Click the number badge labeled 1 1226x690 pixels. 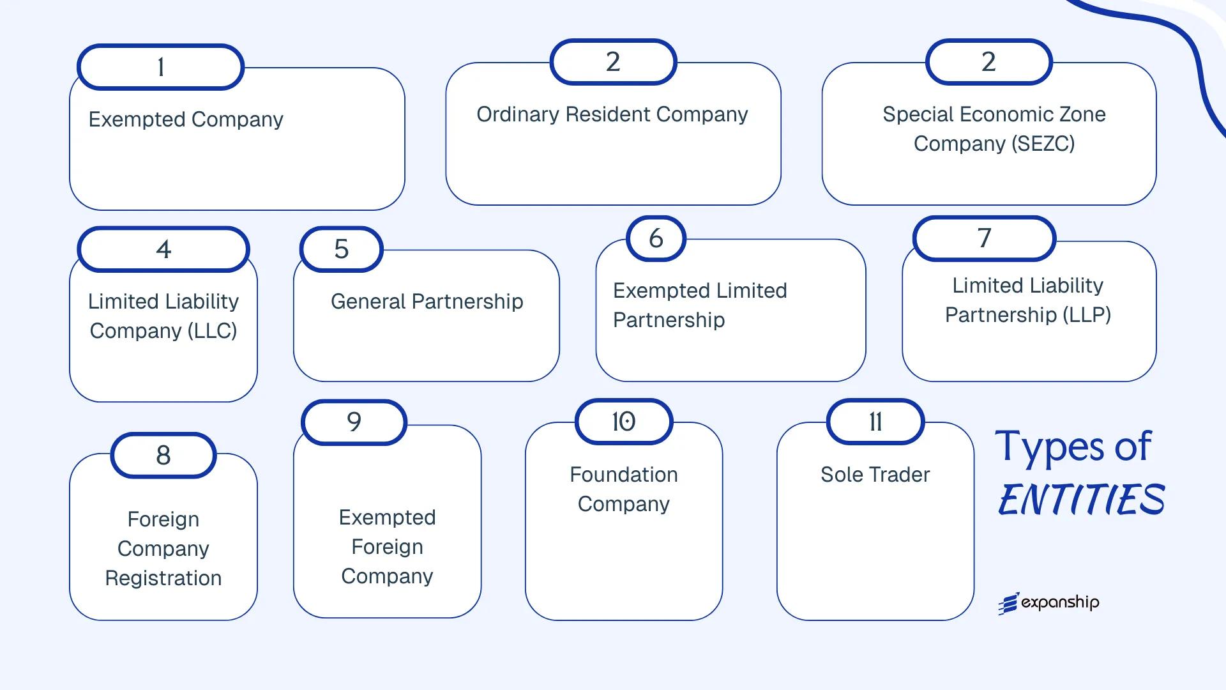[160, 67]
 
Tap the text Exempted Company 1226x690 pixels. [186, 119]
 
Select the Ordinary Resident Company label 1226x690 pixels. [612, 114]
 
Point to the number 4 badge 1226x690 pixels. [163, 249]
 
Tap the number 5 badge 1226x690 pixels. [341, 249]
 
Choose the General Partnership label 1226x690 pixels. [427, 302]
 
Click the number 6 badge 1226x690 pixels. [656, 238]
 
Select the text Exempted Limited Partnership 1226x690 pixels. [700, 305]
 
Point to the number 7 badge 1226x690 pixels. [984, 238]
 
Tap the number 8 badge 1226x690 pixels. [163, 456]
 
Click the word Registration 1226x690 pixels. [163, 578]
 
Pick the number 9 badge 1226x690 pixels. [354, 422]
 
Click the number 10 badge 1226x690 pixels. [623, 422]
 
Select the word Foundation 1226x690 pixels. [623, 475]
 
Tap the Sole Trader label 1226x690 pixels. [875, 475]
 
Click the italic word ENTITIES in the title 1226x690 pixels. [1081, 500]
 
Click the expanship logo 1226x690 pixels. [1048, 602]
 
